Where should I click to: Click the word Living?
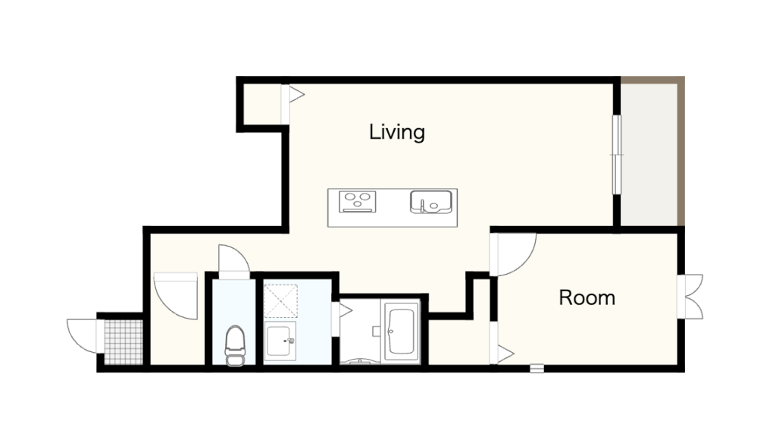[x=397, y=132]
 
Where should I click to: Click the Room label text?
[x=587, y=297]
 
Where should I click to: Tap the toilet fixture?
[x=235, y=345]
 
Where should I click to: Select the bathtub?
[x=402, y=331]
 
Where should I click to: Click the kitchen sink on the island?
[x=431, y=202]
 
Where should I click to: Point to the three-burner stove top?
[x=358, y=202]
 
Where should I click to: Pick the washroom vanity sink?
[x=280, y=341]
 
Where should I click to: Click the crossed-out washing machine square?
[x=280, y=300]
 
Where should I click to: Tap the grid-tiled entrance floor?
[x=124, y=342]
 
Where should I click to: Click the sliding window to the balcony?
[x=616, y=155]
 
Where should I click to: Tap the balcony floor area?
[x=649, y=154]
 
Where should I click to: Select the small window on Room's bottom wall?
[x=537, y=368]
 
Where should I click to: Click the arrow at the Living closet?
[x=296, y=94]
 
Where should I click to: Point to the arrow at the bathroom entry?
[x=346, y=311]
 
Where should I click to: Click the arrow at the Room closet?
[x=505, y=354]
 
